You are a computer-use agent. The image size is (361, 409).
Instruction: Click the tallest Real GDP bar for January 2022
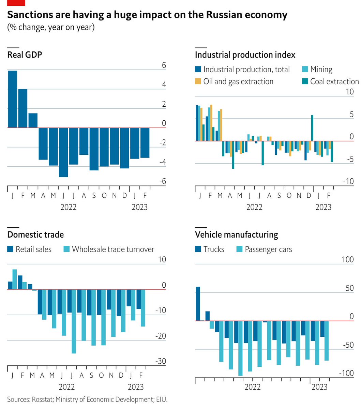coord(12,99)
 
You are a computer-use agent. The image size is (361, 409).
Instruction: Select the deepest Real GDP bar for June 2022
coord(63,152)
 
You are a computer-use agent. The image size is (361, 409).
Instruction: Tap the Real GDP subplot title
coord(25,55)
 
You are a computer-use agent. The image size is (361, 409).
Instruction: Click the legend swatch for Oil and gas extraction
coord(198,82)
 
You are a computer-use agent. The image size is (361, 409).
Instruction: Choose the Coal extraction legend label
coord(334,82)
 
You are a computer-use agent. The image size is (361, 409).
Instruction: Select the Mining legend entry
coord(321,70)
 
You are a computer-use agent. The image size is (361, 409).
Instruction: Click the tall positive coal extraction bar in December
coord(312,128)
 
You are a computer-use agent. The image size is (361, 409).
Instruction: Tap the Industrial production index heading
coord(245,55)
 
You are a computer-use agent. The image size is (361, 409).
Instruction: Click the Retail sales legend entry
coord(33,249)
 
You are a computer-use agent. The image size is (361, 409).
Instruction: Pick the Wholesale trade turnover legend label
coord(113,249)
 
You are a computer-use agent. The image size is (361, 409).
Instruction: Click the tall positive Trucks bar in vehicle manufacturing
coord(198,303)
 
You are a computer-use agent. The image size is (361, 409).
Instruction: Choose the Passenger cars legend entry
coord(268,249)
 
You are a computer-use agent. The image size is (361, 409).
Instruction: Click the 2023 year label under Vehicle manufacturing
coord(320,387)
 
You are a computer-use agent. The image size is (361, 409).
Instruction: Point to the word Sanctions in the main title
coord(28,15)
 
